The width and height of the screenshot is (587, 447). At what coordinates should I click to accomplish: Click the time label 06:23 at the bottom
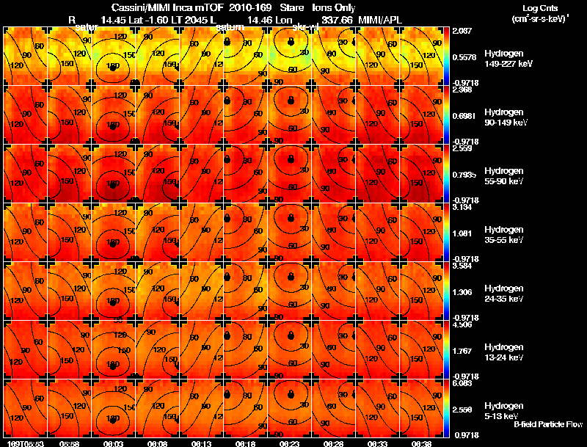click(x=291, y=443)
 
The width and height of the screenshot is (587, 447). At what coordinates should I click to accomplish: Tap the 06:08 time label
click(x=157, y=443)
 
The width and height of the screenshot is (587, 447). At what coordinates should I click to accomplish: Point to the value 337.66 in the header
click(x=335, y=19)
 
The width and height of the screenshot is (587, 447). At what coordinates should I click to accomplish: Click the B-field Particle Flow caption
click(x=547, y=424)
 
